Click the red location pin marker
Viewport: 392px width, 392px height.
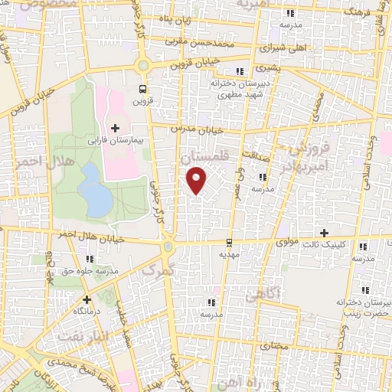click(198, 180)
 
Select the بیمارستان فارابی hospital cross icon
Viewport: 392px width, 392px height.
click(115, 127)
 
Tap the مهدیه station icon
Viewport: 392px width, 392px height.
click(228, 243)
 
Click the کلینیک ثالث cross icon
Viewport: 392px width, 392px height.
click(324, 233)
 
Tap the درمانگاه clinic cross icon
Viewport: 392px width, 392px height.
click(87, 299)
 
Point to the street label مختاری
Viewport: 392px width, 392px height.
click(273, 345)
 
